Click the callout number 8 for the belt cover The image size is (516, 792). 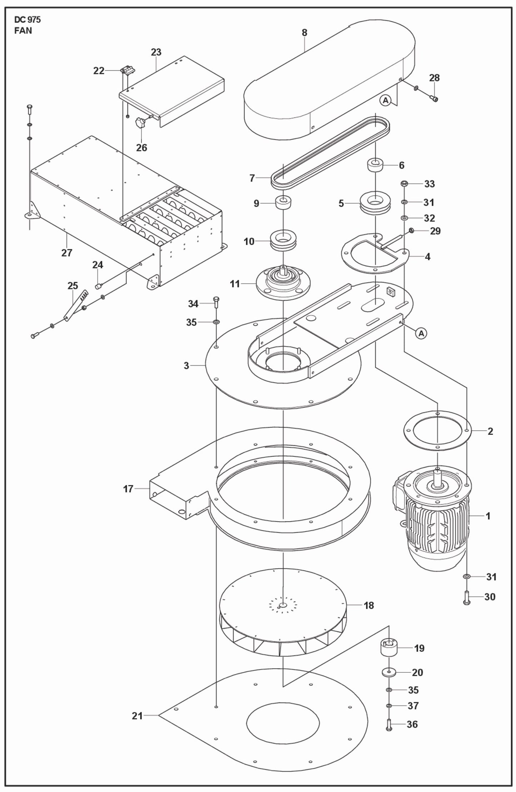tap(304, 33)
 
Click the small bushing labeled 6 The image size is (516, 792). tap(375, 166)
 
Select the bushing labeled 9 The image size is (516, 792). tap(282, 203)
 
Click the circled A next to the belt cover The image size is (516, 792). tap(385, 101)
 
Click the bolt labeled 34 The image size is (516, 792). tap(216, 303)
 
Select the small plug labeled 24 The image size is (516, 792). tap(98, 286)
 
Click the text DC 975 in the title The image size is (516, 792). tap(27, 20)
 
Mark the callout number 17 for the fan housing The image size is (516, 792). tap(128, 489)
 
